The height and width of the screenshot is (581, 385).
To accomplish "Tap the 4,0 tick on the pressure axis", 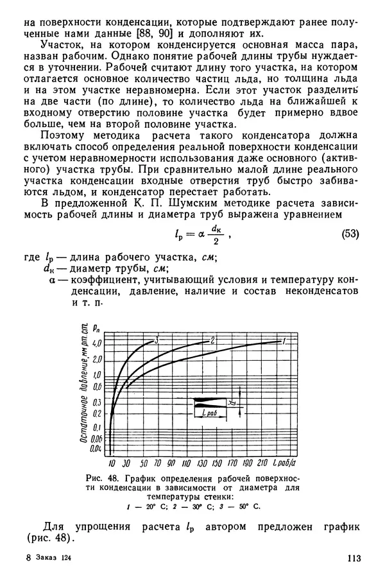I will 97,344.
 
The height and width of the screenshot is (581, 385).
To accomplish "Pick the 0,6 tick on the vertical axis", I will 97,386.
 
